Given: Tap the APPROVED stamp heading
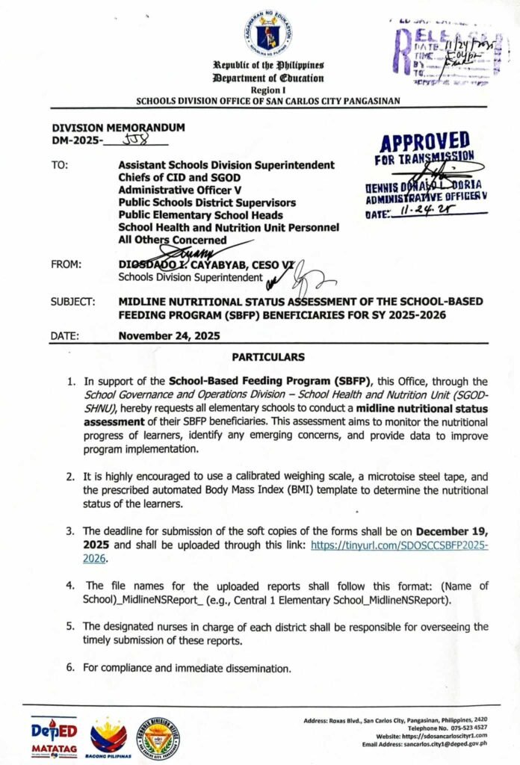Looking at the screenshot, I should tap(424, 140).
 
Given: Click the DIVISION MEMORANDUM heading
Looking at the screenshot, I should tap(118, 128).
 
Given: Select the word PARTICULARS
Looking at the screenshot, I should tap(267, 358).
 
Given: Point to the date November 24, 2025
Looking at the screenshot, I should tap(169, 336).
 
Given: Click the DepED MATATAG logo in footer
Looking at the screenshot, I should tap(53, 737).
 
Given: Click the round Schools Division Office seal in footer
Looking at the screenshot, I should tap(158, 737).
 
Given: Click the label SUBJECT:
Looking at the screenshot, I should tap(73, 302).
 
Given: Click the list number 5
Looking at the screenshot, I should tap(69, 626).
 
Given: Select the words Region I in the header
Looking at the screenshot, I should tap(268, 89).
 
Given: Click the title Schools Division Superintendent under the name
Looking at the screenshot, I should tap(190, 276).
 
